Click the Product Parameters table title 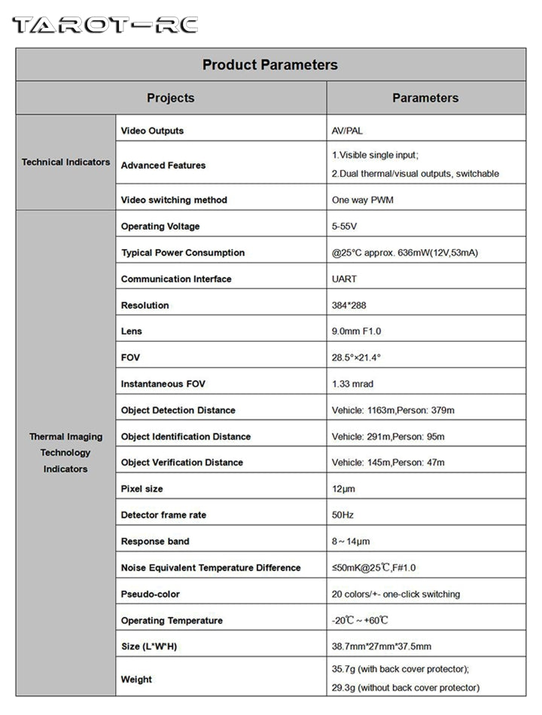270,65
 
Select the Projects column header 170,98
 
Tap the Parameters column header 425,98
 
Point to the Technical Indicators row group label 65,162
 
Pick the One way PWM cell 363,200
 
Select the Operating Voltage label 160,227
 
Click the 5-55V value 344,227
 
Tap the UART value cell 344,279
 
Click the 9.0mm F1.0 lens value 357,331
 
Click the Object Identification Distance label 186,437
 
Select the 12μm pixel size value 343,489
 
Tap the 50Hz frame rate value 343,516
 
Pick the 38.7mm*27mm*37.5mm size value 382,647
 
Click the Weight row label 136,680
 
